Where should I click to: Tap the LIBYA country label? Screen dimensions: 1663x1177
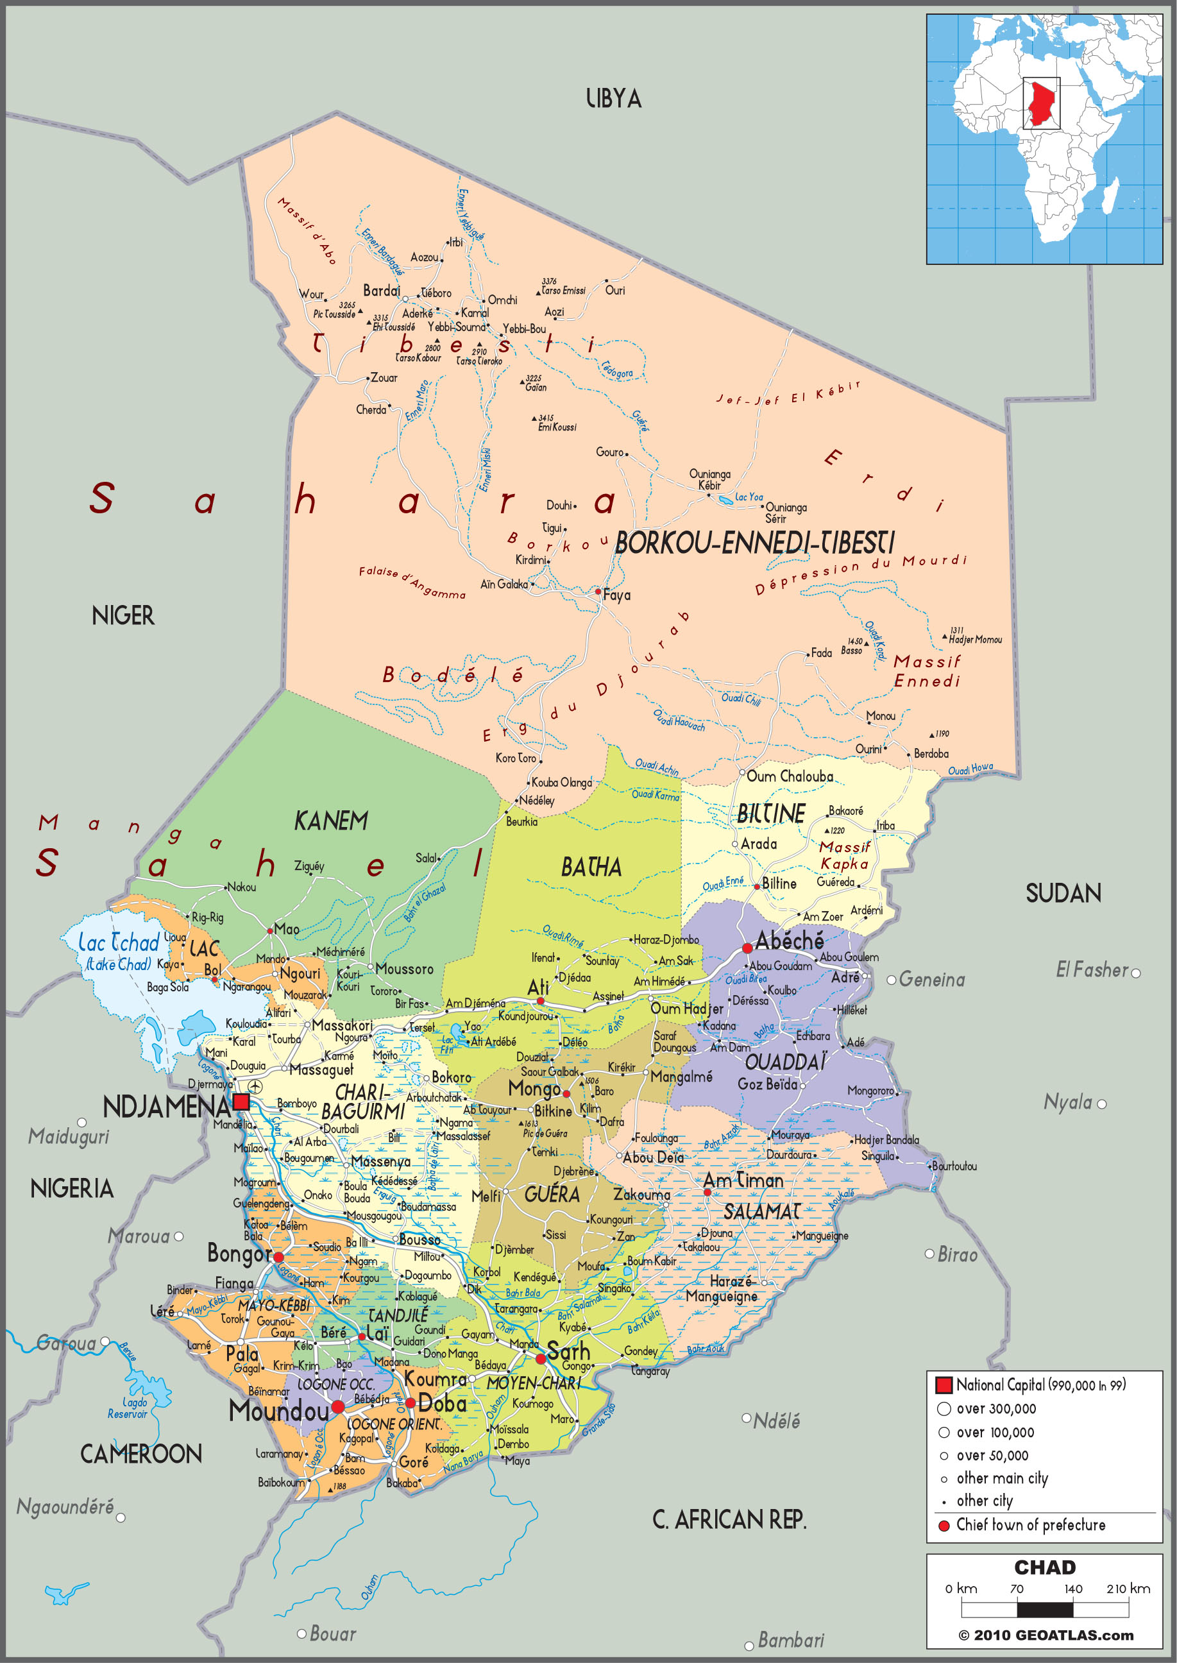pyautogui.click(x=613, y=99)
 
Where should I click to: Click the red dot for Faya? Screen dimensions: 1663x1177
pyautogui.click(x=598, y=592)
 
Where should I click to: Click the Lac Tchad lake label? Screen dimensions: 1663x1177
pyautogui.click(x=118, y=943)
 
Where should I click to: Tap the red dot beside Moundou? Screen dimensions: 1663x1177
pyautogui.click(x=338, y=1407)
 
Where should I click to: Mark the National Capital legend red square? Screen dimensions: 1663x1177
pyautogui.click(x=943, y=1385)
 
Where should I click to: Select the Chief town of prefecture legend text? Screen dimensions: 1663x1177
pyautogui.click(x=1030, y=1524)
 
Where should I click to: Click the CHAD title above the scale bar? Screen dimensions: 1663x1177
pyautogui.click(x=1044, y=1567)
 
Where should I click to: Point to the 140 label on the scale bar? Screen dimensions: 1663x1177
pyautogui.click(x=1072, y=1589)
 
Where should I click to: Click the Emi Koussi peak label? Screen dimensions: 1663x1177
pyautogui.click(x=557, y=427)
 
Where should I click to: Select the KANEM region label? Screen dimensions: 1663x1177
pyautogui.click(x=330, y=821)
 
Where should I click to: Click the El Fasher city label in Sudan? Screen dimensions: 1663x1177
pyautogui.click(x=1092, y=970)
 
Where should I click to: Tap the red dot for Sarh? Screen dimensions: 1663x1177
pyautogui.click(x=540, y=1358)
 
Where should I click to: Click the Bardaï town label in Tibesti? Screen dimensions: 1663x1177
pyautogui.click(x=381, y=291)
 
